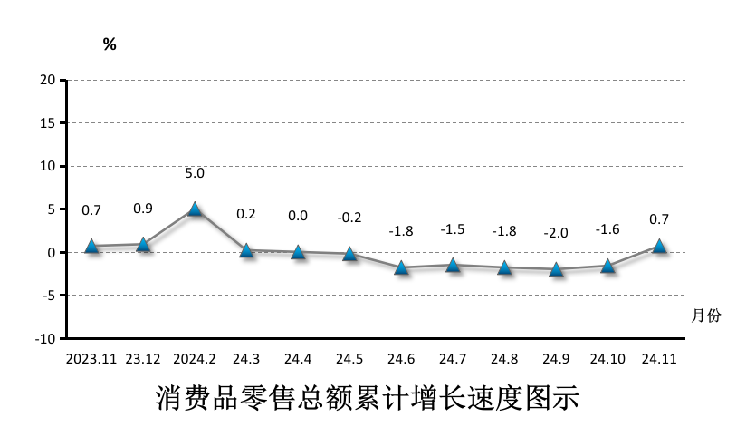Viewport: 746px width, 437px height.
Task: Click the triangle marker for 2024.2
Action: (195, 209)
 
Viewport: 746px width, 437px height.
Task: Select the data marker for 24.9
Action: (557, 269)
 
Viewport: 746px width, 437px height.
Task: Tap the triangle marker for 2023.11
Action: (91, 246)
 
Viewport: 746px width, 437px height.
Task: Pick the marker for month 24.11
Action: (660, 246)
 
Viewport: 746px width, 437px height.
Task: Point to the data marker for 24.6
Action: (401, 267)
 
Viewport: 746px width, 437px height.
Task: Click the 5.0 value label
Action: (195, 173)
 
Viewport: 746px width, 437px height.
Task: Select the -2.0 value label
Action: (555, 233)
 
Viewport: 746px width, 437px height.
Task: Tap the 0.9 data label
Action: (143, 209)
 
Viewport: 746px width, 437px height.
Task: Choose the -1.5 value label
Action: (452, 229)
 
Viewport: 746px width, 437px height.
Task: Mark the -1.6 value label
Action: (607, 229)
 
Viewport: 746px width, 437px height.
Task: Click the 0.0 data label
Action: (298, 216)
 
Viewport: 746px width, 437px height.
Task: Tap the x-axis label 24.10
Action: (607, 359)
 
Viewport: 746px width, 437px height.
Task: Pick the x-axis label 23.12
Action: (143, 359)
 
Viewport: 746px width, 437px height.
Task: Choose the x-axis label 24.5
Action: (349, 359)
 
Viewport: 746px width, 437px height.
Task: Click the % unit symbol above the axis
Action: (110, 44)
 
